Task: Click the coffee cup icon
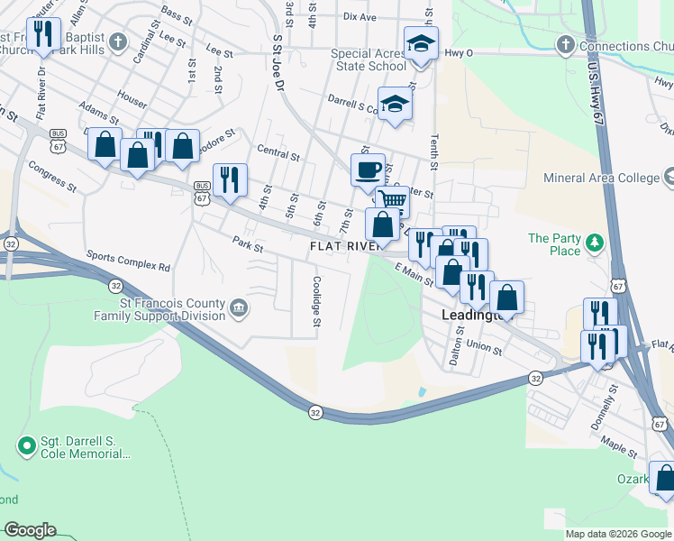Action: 368,170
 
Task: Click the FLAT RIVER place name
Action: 342,246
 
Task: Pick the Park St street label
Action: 246,243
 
